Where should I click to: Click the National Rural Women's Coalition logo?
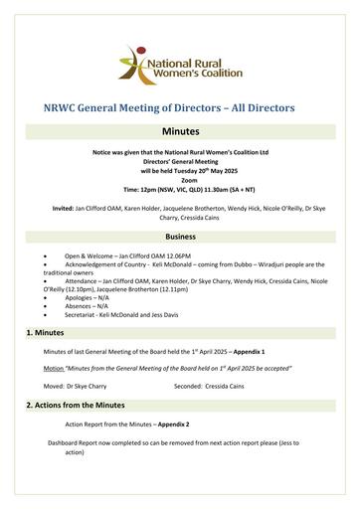tap(180, 62)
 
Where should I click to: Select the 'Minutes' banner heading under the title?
tap(180, 130)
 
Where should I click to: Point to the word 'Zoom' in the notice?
tap(180, 178)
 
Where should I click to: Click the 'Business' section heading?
tap(180, 237)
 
